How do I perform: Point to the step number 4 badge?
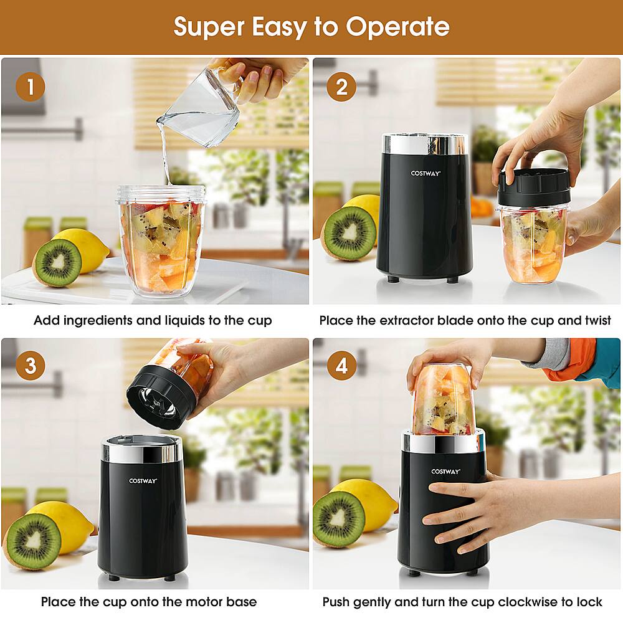click(341, 366)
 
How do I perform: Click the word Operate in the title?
click(397, 27)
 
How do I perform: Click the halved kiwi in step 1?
click(57, 262)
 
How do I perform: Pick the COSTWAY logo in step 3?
click(143, 480)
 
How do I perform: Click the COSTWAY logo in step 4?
click(445, 472)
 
